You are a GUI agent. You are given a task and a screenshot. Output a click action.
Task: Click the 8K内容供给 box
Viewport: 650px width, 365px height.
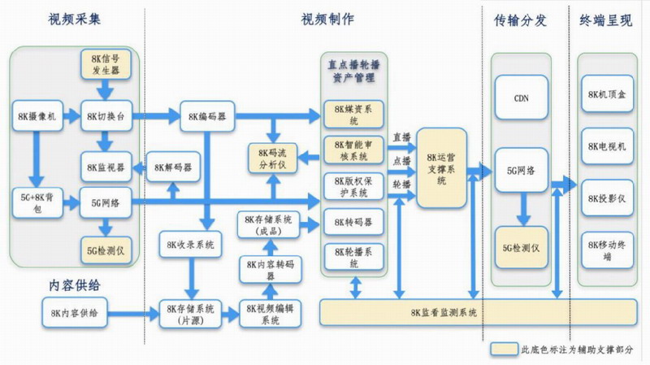click(x=73, y=311)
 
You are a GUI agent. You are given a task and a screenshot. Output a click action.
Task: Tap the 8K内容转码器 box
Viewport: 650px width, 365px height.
click(x=266, y=269)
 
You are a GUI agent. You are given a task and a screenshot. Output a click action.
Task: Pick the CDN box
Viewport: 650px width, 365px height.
click(x=522, y=98)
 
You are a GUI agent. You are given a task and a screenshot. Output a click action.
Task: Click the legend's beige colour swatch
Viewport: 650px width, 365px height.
click(x=504, y=349)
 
